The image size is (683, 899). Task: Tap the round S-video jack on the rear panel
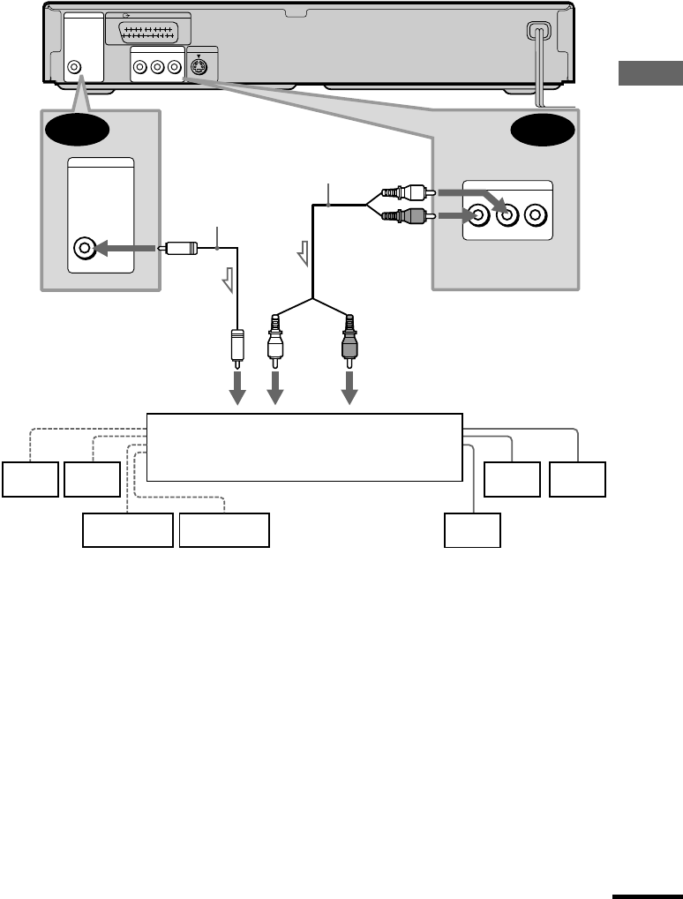200,65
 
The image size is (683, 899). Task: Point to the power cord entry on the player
536,31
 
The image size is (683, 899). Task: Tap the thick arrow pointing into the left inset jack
127,249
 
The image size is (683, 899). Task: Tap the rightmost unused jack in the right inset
535,214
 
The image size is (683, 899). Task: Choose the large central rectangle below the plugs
304,446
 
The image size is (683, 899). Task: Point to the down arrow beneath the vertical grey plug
350,386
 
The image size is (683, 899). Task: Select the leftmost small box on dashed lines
30,478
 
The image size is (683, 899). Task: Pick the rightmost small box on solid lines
577,478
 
